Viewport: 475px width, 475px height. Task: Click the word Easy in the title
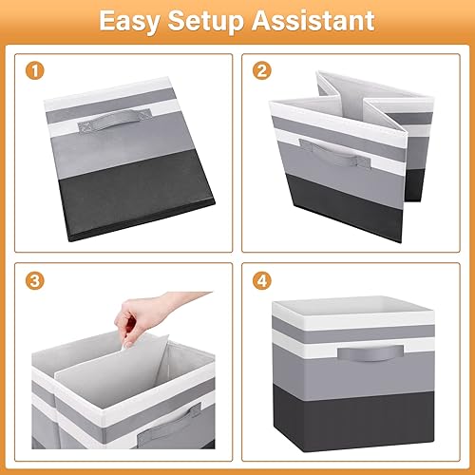coord(134,21)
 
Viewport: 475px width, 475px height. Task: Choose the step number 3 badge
coord(34,282)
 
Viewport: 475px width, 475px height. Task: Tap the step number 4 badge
coord(260,282)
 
